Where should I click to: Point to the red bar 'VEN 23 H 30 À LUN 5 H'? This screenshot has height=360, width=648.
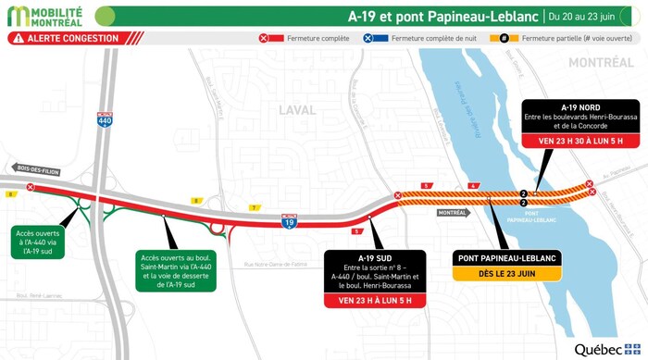pyautogui.click(x=578, y=142)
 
